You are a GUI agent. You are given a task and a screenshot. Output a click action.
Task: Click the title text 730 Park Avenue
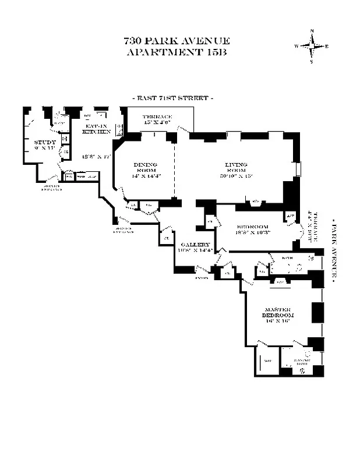(177, 41)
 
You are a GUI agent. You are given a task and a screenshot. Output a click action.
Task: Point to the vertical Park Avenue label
(334, 250)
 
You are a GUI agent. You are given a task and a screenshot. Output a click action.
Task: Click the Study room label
(45, 142)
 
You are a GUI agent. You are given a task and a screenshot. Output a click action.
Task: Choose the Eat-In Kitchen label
(96, 129)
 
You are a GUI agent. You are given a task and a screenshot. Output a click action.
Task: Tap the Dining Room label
(145, 167)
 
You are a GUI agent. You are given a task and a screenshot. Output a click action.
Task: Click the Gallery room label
(195, 245)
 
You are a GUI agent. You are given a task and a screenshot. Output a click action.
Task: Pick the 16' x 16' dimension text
(277, 320)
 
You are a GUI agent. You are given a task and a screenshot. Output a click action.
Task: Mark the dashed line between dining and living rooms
(174, 169)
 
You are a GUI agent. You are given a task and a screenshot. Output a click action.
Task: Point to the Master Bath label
(301, 362)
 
